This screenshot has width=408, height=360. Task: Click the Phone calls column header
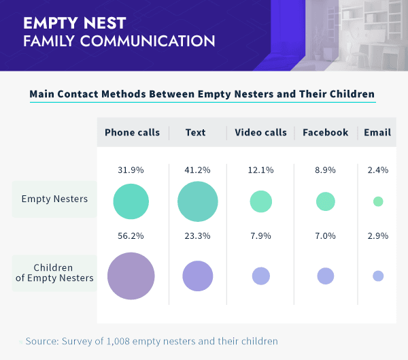click(132, 132)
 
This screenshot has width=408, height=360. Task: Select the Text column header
click(195, 132)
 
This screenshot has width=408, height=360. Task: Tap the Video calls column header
click(260, 132)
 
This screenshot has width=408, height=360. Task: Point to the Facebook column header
click(325, 132)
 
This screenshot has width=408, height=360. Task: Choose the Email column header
click(377, 132)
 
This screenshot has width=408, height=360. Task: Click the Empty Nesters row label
click(54, 199)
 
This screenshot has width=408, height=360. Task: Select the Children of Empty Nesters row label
click(54, 272)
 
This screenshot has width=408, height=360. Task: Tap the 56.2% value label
click(131, 235)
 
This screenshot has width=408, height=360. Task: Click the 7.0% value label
click(325, 235)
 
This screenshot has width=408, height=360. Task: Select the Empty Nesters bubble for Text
click(197, 201)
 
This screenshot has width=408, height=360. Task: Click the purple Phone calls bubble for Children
click(131, 276)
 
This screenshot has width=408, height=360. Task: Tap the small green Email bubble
click(378, 201)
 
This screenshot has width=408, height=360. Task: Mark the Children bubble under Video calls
click(261, 276)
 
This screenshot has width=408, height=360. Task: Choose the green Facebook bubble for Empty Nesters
click(326, 201)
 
